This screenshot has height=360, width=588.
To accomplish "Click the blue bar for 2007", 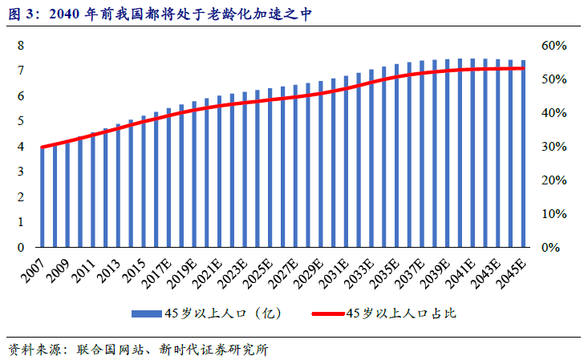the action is (42, 197).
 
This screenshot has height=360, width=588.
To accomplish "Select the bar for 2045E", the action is (523, 154).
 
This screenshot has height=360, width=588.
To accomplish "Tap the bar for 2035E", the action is (396, 156).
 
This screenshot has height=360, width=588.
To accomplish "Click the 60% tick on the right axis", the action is (554, 46).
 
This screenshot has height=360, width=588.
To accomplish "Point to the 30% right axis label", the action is (554, 147).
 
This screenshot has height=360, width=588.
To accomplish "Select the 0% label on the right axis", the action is (550, 248).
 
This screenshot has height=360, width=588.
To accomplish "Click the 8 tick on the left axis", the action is (21, 46).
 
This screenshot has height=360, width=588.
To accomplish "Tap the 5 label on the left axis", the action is (21, 121).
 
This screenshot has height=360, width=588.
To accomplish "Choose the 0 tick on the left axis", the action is (21, 248).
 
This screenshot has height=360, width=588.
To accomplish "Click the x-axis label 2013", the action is (108, 270).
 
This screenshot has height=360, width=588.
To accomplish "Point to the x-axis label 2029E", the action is (308, 273).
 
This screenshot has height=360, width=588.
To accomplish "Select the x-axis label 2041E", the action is (460, 273).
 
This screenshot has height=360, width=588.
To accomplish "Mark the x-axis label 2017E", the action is (156, 273).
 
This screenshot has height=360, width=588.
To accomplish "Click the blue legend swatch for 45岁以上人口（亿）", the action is (146, 313).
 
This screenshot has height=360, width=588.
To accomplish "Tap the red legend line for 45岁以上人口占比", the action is (328, 313).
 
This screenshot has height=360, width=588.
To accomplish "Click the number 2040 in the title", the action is (64, 14).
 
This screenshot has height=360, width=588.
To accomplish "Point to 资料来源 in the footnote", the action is (34, 350).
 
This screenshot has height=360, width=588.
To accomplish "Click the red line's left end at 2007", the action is (42, 147).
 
